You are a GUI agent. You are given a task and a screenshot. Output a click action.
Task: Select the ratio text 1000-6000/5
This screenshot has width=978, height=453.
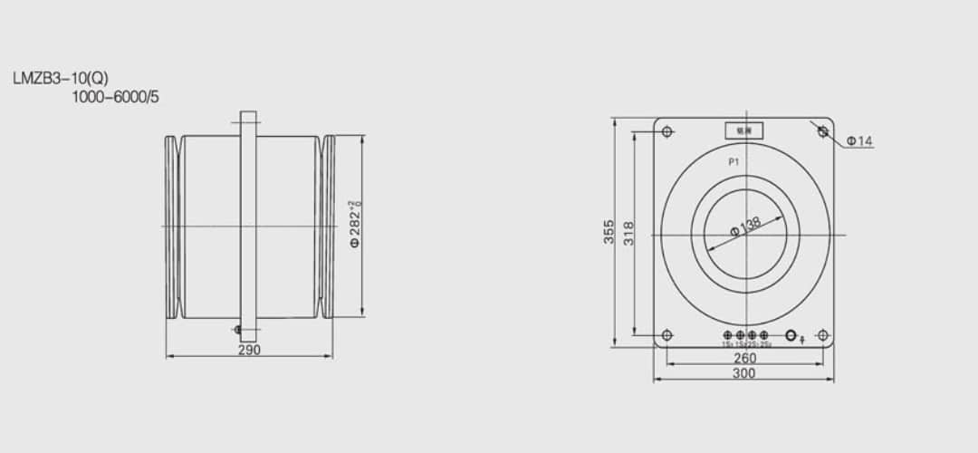point(115,96)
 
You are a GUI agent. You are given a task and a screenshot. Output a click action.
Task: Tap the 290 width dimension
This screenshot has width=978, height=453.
point(249,351)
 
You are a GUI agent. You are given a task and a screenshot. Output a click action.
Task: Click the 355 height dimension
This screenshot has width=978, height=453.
point(609,232)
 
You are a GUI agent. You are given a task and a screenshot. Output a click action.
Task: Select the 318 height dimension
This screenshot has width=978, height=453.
point(628,232)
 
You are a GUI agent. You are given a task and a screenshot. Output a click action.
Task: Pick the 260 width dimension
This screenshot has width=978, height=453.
point(744,358)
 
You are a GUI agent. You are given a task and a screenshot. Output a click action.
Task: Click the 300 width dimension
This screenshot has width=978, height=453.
point(744,373)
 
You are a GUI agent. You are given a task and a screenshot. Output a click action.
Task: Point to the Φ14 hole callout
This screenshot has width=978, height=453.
point(859,141)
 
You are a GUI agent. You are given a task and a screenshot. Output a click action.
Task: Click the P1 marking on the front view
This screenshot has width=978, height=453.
point(735,161)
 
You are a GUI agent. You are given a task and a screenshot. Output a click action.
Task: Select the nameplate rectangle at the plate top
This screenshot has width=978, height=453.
point(743,131)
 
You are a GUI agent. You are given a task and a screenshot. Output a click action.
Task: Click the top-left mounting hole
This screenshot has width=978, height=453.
point(667,132)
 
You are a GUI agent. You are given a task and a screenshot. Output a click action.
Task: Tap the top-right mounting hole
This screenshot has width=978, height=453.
point(822,132)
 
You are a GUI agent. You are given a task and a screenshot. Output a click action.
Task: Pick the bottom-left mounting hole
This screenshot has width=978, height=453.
point(667,335)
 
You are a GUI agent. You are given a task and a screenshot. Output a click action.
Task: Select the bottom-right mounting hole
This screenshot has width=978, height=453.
point(822,335)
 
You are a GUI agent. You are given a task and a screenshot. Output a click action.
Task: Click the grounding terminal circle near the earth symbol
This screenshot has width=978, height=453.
point(791,335)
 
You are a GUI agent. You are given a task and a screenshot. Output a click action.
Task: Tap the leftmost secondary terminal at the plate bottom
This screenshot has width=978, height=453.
point(728,335)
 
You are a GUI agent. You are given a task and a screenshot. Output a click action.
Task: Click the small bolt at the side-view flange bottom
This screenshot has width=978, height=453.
point(237,329)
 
